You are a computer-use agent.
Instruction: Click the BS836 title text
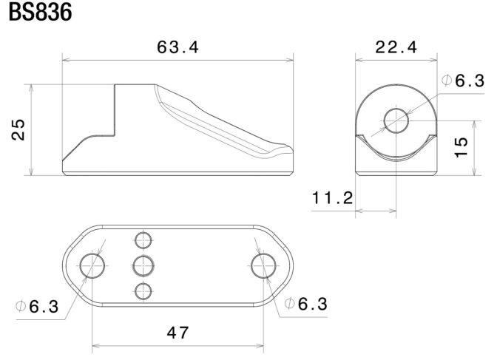coord(40,12)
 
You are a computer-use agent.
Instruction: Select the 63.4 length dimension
coord(177,47)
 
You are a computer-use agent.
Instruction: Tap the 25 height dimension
coord(18,129)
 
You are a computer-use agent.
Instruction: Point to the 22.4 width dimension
coord(396,47)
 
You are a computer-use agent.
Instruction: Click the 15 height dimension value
coord(461,147)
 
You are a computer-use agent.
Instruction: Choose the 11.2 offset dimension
coord(333,198)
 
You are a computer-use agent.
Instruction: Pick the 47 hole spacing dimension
coord(177,333)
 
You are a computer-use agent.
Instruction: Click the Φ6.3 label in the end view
coord(463,81)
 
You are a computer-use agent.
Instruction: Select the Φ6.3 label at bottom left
coord(38,307)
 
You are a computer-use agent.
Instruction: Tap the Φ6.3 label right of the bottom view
coord(306,304)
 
